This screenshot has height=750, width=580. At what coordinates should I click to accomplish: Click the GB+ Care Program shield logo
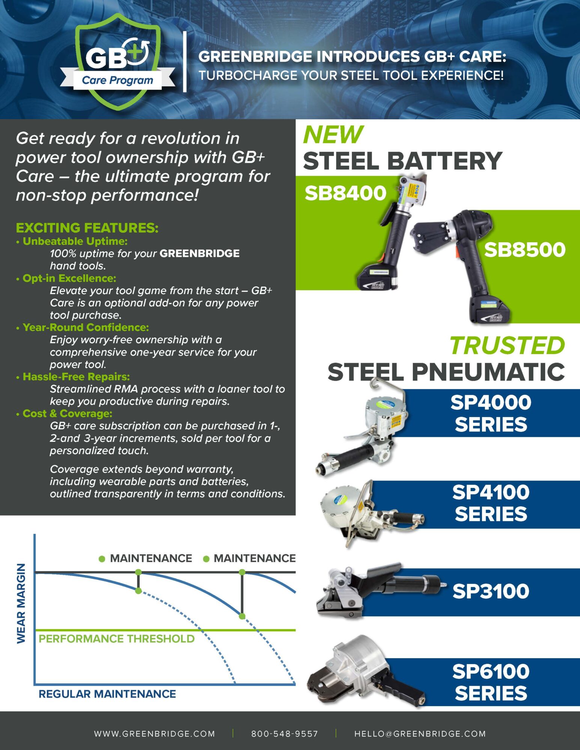(x=118, y=62)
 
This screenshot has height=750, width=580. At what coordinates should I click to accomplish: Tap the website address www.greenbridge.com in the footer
(x=154, y=734)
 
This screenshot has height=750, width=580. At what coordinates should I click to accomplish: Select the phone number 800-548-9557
(x=285, y=734)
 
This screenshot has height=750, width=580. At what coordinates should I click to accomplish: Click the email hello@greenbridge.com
(x=420, y=734)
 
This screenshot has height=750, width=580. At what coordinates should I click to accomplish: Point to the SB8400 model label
(x=345, y=193)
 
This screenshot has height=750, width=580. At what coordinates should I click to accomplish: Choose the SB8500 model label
(x=524, y=250)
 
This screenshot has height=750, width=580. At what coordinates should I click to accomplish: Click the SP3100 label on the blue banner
(x=491, y=591)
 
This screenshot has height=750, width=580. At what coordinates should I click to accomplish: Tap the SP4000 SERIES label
(x=491, y=413)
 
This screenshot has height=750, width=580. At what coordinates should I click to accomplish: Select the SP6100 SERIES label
(x=491, y=682)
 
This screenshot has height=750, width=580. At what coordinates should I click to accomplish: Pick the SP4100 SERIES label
(x=491, y=503)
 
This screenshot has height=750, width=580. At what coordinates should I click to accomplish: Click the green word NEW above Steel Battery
(x=333, y=135)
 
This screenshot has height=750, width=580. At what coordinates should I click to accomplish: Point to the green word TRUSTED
(x=507, y=345)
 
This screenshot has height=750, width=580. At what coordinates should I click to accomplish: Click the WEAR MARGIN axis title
(x=21, y=603)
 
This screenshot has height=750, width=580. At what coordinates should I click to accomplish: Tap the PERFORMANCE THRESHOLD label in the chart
(x=117, y=639)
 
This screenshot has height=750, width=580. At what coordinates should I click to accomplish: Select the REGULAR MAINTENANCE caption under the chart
(x=107, y=694)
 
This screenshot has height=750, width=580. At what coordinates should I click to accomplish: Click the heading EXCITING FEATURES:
(x=87, y=228)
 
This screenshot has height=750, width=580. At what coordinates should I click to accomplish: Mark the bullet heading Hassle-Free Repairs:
(x=76, y=376)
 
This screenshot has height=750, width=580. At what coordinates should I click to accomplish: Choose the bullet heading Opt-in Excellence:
(x=69, y=278)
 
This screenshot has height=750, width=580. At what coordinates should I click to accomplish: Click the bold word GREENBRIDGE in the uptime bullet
(x=200, y=253)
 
